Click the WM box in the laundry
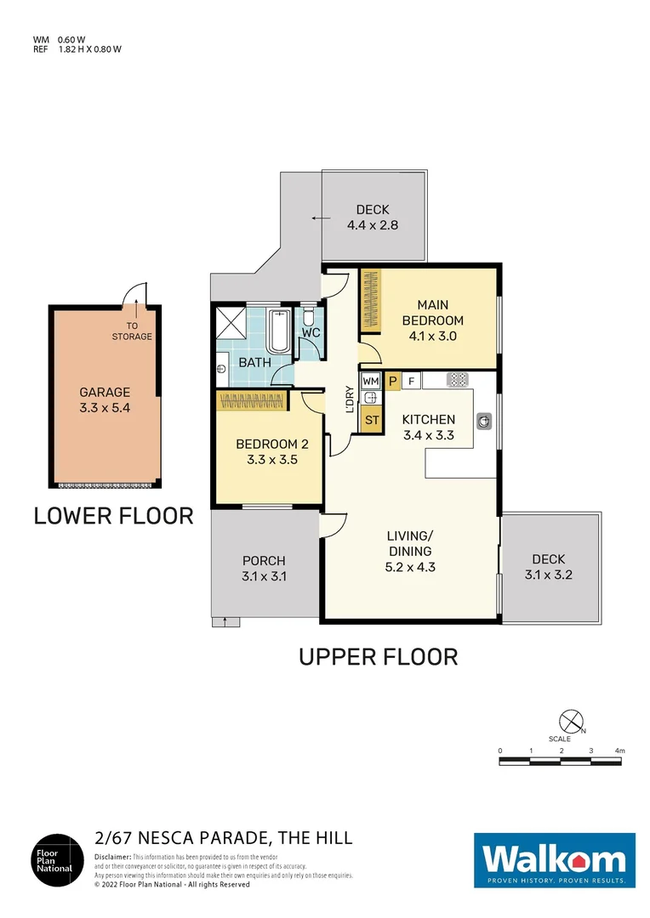370,382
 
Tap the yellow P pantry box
393,382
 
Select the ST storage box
370,419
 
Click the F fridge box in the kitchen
412,382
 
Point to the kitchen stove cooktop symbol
458,381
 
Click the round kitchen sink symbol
484,419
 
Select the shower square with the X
231,323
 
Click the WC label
311,332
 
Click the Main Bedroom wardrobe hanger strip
369,300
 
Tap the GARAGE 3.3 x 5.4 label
105,399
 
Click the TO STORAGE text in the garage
132,331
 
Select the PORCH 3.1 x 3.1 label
264,568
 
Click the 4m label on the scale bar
619,751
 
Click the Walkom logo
554,861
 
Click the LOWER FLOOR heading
113,515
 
